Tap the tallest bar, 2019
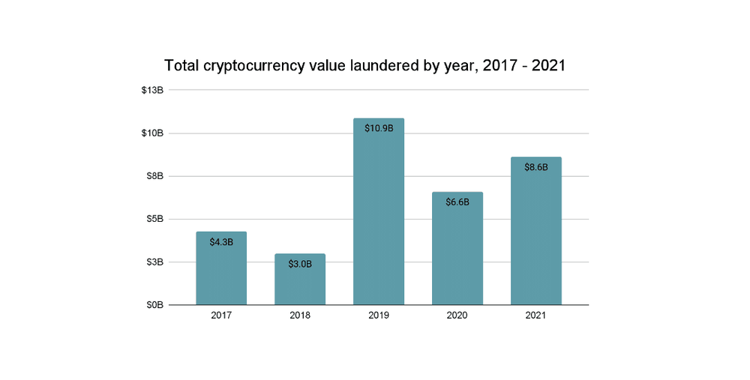[x=379, y=217]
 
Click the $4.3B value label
[x=221, y=242]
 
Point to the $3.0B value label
[x=300, y=264]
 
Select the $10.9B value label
[x=379, y=128]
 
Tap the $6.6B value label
[x=457, y=202]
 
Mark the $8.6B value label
[x=536, y=167]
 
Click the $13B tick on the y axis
[x=152, y=90]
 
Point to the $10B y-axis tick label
[x=152, y=133]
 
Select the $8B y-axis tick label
[x=154, y=176]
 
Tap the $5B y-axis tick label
[x=154, y=219]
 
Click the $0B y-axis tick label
[x=154, y=305]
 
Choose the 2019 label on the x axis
[x=379, y=316]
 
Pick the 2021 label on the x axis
[x=536, y=316]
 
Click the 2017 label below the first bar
[x=221, y=316]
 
